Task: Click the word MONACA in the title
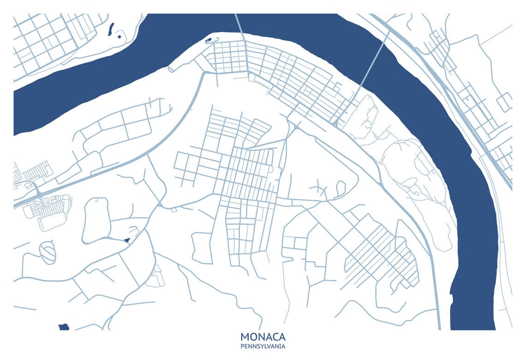coord(263,337)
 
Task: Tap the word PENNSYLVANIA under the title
coord(263,346)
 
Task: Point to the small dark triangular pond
coord(127,240)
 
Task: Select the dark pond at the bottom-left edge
coord(64,327)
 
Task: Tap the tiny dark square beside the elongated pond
coord(119,36)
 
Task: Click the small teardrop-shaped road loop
coord(341,188)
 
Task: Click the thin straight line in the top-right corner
coord(496,35)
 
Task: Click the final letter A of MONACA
coord(281,337)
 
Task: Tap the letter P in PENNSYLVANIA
coord(242,346)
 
